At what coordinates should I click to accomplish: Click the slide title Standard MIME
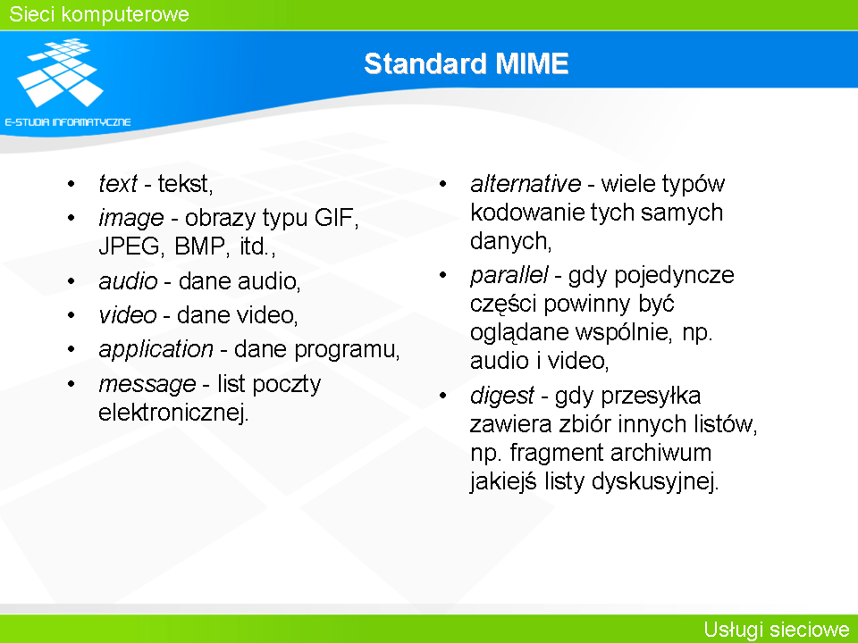click(x=467, y=63)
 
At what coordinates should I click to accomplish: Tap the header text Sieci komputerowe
click(x=99, y=14)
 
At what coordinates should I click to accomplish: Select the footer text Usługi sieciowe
click(x=777, y=630)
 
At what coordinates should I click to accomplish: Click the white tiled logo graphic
click(x=60, y=72)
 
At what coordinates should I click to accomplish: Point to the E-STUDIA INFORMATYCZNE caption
click(x=68, y=122)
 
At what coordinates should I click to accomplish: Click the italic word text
click(x=118, y=184)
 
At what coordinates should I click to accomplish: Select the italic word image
click(x=131, y=219)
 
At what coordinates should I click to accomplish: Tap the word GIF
click(x=336, y=218)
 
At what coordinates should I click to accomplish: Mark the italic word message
click(x=147, y=384)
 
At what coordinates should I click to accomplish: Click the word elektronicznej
click(x=173, y=413)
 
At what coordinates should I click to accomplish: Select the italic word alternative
click(x=526, y=184)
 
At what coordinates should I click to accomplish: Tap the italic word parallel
click(x=509, y=276)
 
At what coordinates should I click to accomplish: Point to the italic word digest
click(x=501, y=396)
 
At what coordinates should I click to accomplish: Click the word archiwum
click(x=661, y=453)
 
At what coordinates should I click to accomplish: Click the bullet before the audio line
click(x=71, y=281)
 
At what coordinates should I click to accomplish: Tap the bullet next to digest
click(x=442, y=396)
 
